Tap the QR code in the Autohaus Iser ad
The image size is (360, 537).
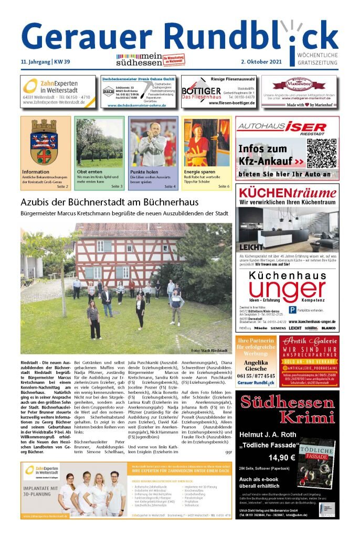[x=321, y=153]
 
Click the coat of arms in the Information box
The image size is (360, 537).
[x=44, y=142]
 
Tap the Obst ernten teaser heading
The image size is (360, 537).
[x=90, y=172]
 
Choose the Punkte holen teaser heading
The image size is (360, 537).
[x=144, y=172]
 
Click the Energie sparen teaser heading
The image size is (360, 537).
[x=200, y=172]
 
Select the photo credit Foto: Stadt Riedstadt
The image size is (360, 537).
[x=209, y=350]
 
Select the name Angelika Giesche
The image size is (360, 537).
[x=256, y=365]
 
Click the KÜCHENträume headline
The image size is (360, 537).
[x=287, y=192]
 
